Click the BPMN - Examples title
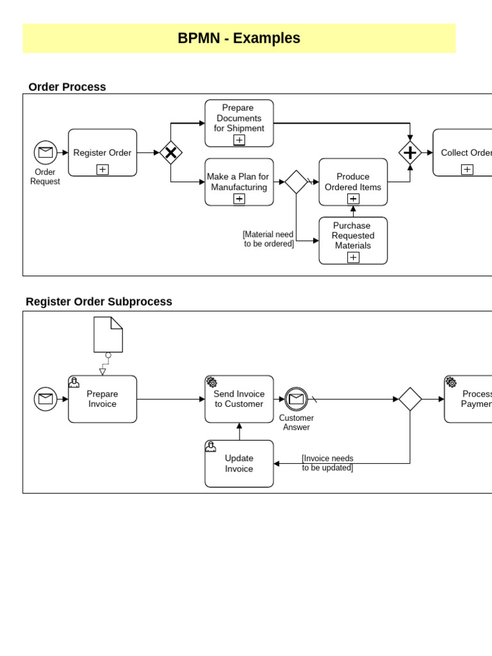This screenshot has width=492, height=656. click(239, 38)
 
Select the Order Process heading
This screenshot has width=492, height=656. click(67, 87)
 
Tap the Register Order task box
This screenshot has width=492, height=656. click(102, 152)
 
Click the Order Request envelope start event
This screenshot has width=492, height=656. click(45, 152)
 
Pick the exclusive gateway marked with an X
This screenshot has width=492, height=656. click(171, 152)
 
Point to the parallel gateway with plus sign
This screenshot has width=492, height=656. click(410, 152)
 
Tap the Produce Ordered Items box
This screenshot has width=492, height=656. click(353, 182)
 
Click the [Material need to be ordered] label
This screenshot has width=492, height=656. click(268, 239)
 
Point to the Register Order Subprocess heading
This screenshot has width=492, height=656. click(99, 302)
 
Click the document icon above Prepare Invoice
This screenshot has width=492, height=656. click(108, 334)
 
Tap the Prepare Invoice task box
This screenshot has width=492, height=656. click(102, 399)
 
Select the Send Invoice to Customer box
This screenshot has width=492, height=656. click(239, 399)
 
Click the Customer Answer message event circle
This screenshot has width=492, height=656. click(296, 399)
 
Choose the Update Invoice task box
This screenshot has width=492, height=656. click(239, 464)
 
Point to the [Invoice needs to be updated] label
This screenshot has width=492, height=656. click(327, 463)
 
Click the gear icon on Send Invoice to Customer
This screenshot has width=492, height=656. click(211, 382)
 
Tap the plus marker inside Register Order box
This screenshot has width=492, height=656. click(102, 169)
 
